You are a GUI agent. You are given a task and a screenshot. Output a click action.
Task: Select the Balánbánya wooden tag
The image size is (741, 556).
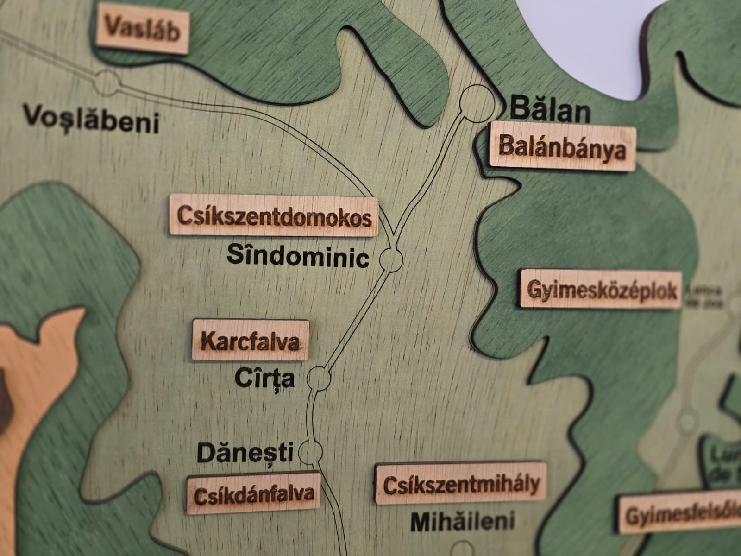click(x=563, y=146)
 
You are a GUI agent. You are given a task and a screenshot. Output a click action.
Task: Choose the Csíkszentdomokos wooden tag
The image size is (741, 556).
click(x=274, y=216)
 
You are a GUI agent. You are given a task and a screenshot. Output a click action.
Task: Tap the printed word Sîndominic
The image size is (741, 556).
click(x=298, y=256)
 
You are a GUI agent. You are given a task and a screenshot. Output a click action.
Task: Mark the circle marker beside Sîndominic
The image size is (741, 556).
click(x=391, y=259)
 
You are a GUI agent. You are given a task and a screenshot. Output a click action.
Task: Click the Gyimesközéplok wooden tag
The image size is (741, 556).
click(x=602, y=290)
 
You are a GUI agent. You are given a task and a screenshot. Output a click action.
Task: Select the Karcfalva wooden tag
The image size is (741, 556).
click(x=251, y=341)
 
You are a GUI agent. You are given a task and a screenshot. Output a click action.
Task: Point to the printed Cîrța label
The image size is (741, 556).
click(x=265, y=378)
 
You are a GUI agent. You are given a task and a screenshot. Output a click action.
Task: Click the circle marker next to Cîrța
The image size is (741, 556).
click(x=320, y=378)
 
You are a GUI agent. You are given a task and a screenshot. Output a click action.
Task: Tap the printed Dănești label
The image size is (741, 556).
click(x=245, y=452)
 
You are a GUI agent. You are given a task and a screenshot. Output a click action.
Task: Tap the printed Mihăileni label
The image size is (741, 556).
click(x=462, y=521)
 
